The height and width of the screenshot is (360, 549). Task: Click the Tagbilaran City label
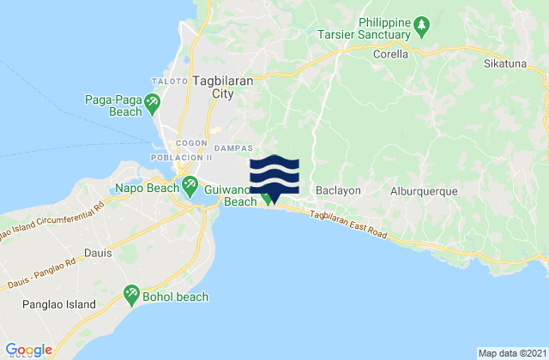coord(220,88)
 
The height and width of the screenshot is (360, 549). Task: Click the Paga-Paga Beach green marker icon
coord(152,104)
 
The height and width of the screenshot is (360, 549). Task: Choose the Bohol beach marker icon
coord(132,295)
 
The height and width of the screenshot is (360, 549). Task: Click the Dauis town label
coord(99,253)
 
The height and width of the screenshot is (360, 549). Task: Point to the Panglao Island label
coord(59,304)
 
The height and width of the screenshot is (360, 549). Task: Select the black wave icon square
coord(274,174)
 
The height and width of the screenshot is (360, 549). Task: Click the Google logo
coord(29,349)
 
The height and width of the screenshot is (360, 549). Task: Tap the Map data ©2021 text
coord(510,353)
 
